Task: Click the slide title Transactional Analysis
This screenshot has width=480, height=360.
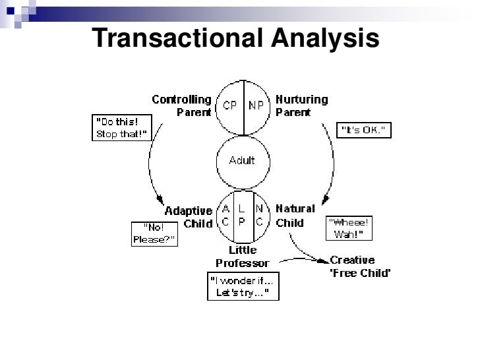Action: point(236,40)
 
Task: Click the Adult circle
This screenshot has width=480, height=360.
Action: point(242,161)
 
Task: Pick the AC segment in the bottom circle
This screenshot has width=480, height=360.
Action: point(226,215)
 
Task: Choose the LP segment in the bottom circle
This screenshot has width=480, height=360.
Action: point(242,215)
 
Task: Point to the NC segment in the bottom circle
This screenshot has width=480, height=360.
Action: point(259,215)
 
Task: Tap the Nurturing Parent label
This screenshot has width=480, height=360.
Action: point(301,105)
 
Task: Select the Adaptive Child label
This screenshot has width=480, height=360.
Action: point(189,217)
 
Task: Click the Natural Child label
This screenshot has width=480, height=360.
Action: point(294,216)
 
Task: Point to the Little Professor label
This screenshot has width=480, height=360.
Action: point(242,257)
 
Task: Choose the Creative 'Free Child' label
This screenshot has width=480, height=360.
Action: point(360,266)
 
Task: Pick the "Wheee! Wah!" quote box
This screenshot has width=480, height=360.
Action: point(349,228)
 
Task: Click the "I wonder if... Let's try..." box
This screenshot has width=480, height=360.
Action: point(243,285)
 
